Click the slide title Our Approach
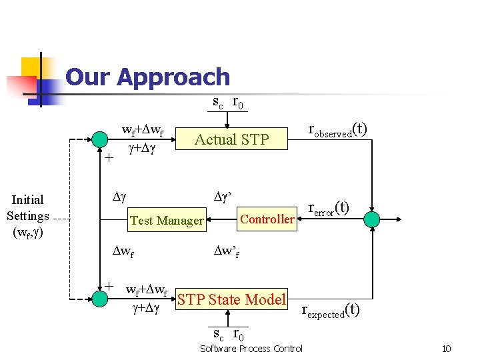pyautogui.click(x=147, y=77)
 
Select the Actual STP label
pyautogui.click(x=231, y=139)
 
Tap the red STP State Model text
pyautogui.click(x=231, y=299)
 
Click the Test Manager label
pyautogui.click(x=167, y=220)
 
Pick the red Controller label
pyautogui.click(x=267, y=219)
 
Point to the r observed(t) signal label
pyautogui.click(x=337, y=130)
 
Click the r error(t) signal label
pyautogui.click(x=329, y=209)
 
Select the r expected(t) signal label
pyautogui.click(x=331, y=310)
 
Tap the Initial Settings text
pyautogui.click(x=28, y=215)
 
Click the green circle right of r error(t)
pyautogui.click(x=372, y=218)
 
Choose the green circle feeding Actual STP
pyautogui.click(x=99, y=139)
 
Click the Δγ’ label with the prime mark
pyautogui.click(x=222, y=197)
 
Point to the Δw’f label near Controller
pyautogui.click(x=226, y=252)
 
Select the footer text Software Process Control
pyautogui.click(x=251, y=349)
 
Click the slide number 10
pyautogui.click(x=447, y=349)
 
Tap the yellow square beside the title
pyautogui.click(x=32, y=69)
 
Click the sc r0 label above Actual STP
pyautogui.click(x=227, y=102)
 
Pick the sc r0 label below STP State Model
pyautogui.click(x=227, y=333)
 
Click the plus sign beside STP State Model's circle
pyautogui.click(x=109, y=285)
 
